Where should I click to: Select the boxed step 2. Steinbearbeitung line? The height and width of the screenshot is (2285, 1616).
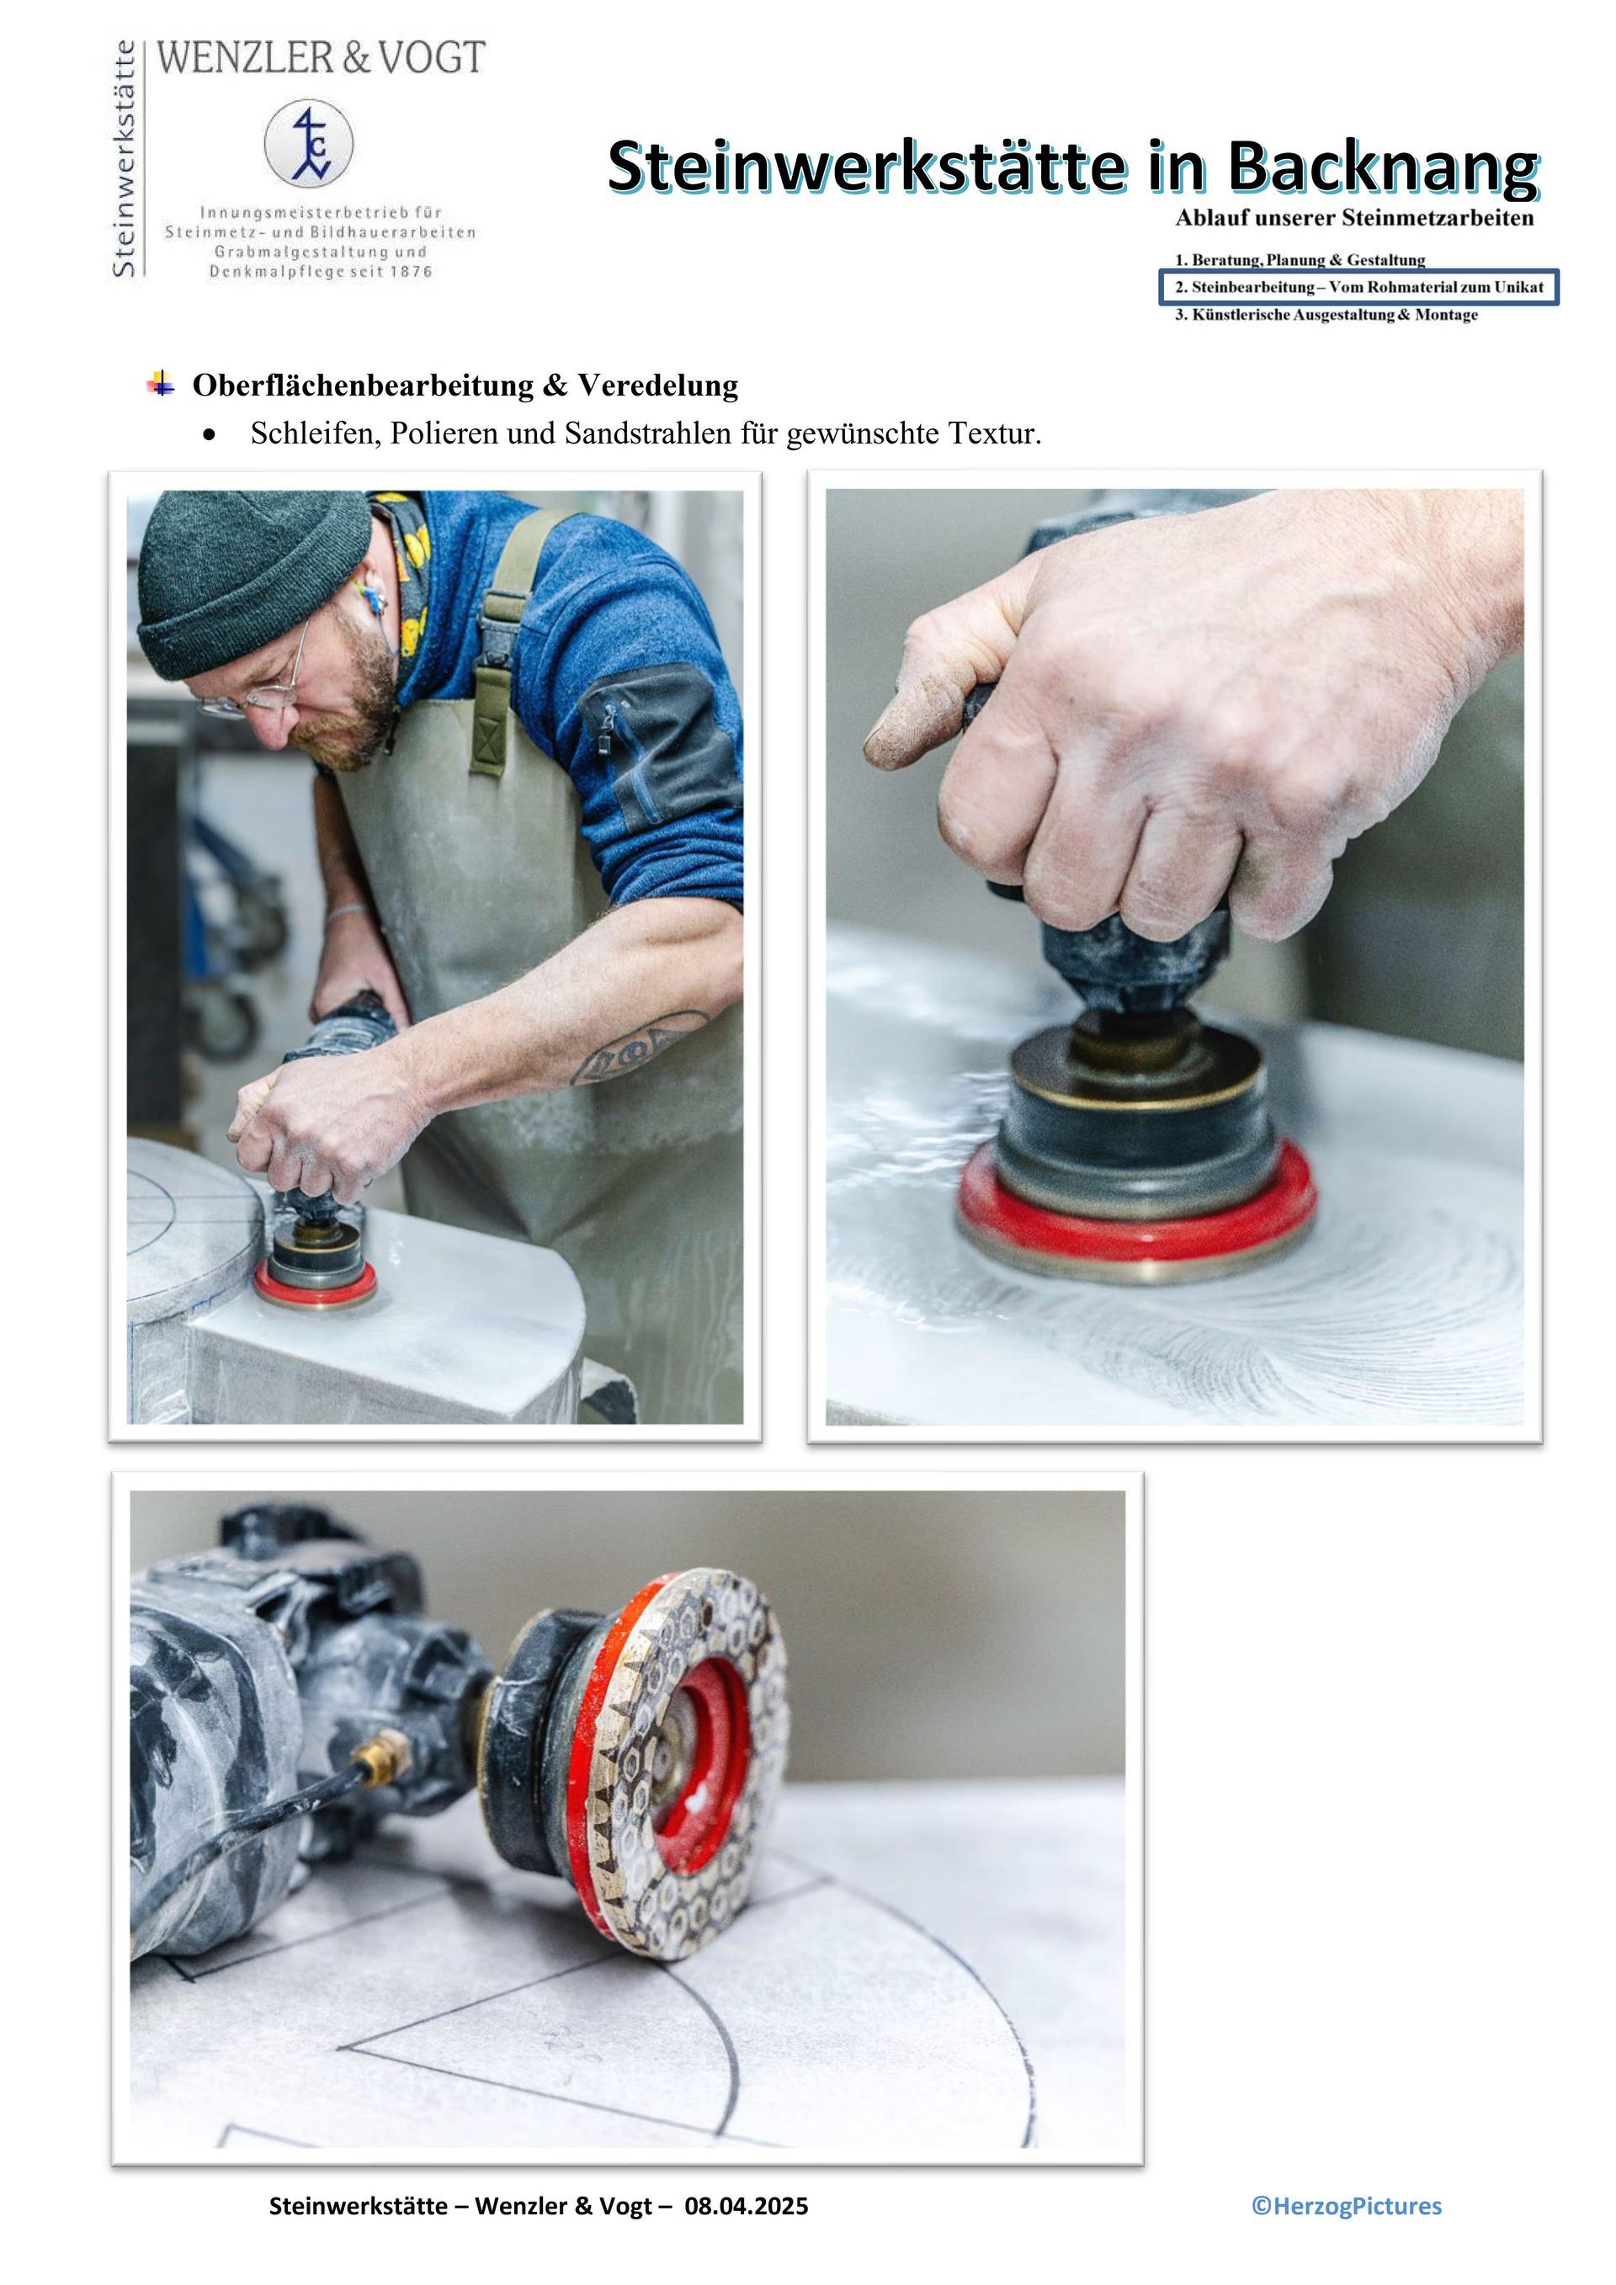point(1359,288)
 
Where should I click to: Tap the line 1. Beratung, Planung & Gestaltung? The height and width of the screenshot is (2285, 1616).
point(1300,260)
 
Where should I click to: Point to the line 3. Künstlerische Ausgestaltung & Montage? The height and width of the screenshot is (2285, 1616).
point(1326,315)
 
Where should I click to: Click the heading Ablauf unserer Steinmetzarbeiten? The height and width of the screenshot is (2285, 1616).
point(1354,218)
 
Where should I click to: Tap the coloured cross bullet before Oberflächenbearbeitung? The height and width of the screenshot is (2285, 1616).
point(160,383)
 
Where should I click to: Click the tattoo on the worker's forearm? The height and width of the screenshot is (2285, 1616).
point(637,1047)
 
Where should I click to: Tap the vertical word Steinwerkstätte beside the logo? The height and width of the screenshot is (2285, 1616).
point(125,159)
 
